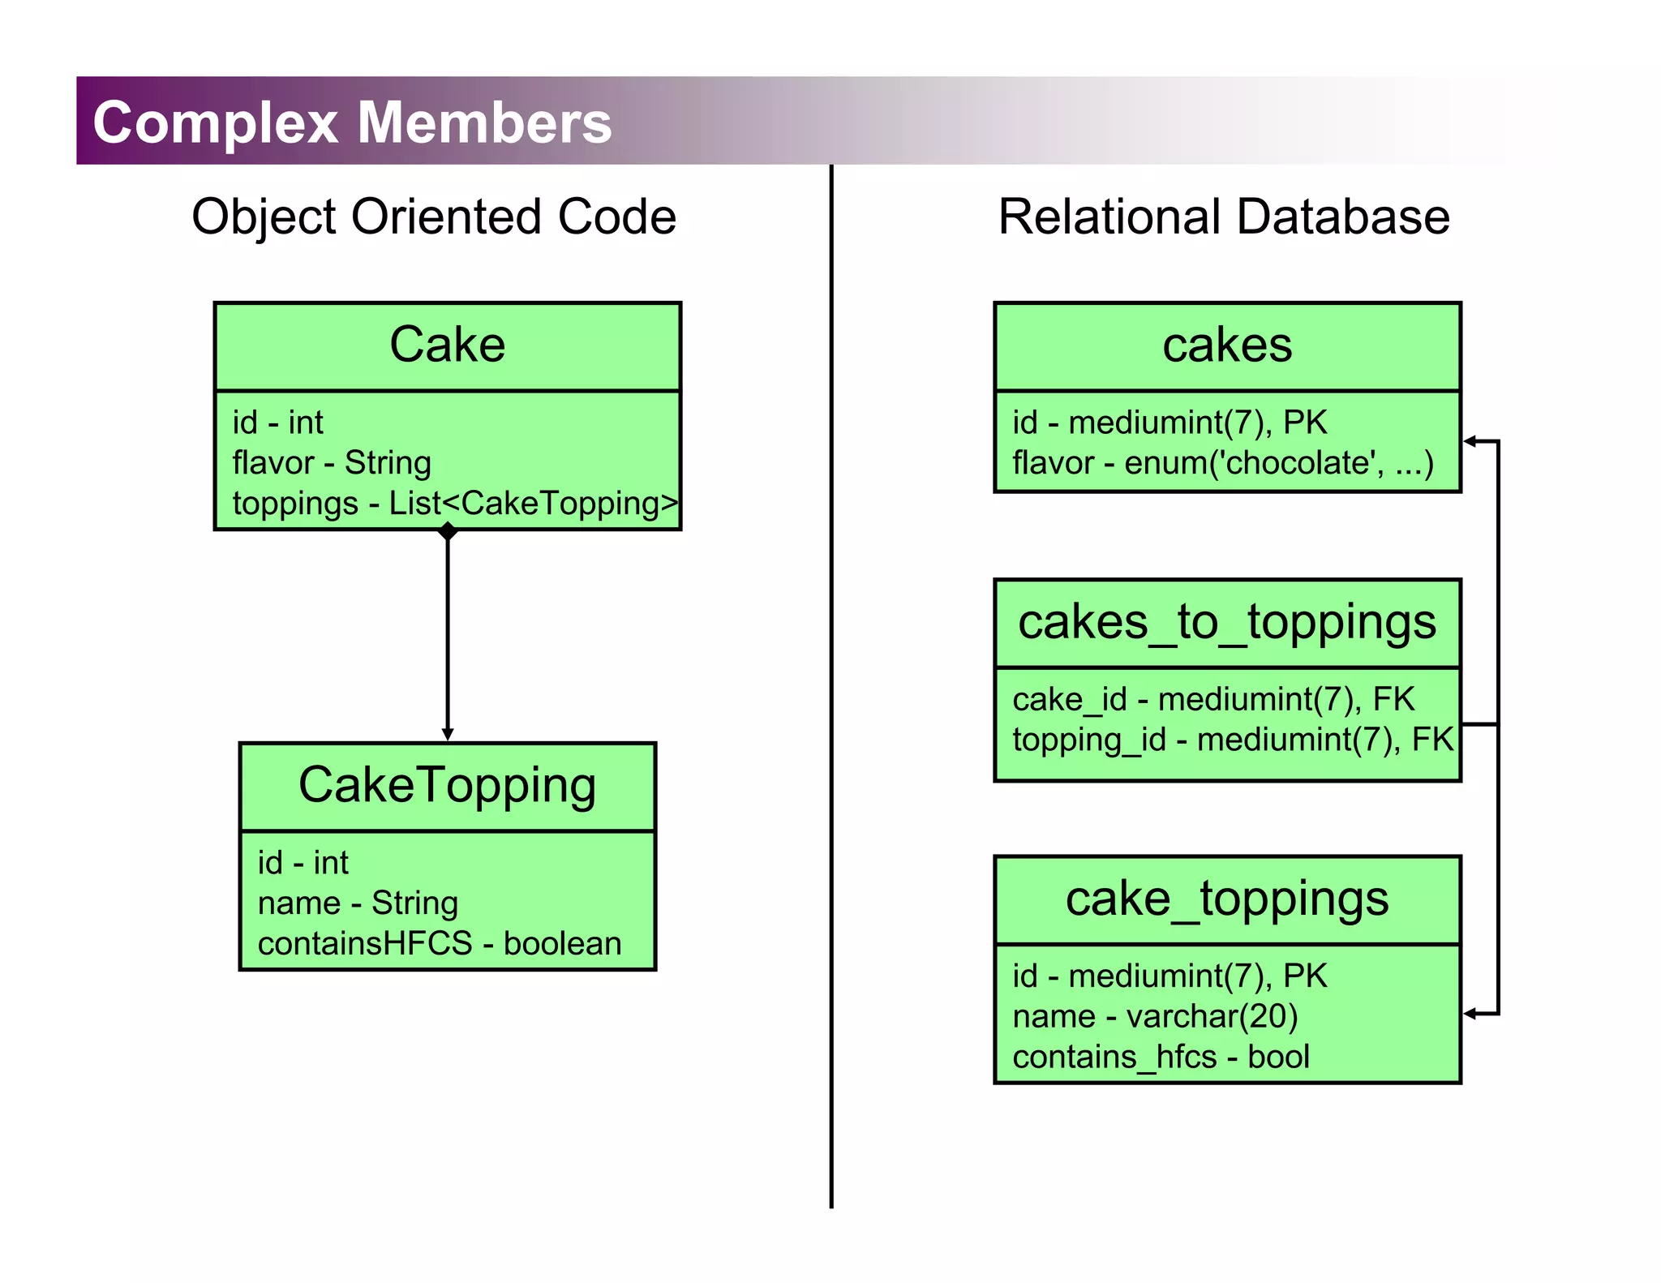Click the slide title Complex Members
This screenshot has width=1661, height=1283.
(352, 122)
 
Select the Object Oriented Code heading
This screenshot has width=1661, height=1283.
(434, 217)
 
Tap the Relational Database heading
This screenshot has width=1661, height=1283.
(1223, 217)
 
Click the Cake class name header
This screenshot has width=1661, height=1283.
(447, 345)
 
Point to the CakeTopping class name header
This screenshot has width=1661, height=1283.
(447, 785)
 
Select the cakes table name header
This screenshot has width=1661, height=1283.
(1226, 345)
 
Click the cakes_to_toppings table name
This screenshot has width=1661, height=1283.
(1226, 622)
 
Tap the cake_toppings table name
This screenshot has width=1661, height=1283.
(1226, 899)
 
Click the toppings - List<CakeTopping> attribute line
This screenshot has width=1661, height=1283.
(454, 503)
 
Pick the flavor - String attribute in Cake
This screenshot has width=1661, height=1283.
(332, 462)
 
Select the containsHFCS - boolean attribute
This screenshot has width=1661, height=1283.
(440, 943)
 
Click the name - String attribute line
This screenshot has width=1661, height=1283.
(358, 903)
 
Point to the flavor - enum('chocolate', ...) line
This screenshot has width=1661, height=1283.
(1223, 462)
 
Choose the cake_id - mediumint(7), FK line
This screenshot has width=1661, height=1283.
(1213, 699)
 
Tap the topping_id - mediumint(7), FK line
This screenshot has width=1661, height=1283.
(1233, 740)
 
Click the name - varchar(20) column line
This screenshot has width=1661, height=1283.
(1155, 1016)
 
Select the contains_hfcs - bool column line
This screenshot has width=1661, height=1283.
(1161, 1057)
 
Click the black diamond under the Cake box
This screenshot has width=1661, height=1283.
(448, 532)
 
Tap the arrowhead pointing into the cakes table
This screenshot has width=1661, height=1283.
(1470, 441)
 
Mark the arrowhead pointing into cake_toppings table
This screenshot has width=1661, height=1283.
(1470, 1013)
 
